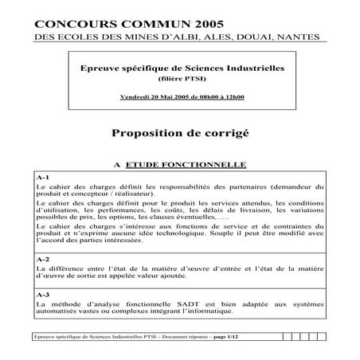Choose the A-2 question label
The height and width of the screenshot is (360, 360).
44,260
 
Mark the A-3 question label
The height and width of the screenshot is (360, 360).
44,295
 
